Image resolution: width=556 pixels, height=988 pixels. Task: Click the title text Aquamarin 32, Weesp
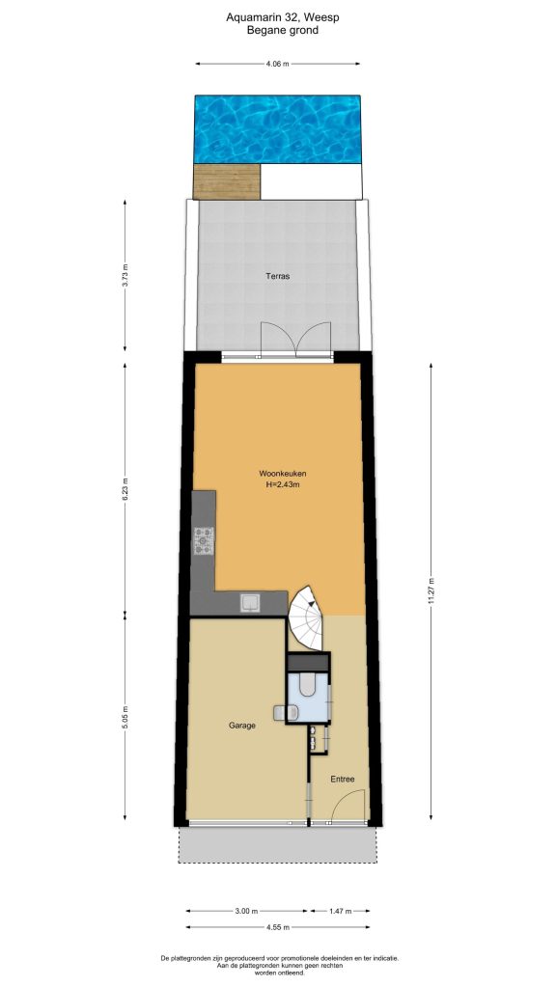[x=283, y=17]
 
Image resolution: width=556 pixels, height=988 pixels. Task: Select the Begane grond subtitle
[x=283, y=30]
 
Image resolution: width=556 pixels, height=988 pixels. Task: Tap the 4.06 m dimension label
[x=277, y=64]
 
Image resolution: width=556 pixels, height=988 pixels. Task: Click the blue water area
[x=277, y=128]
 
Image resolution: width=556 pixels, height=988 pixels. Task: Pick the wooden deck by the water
[x=227, y=181]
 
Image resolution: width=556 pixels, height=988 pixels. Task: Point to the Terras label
[x=277, y=276]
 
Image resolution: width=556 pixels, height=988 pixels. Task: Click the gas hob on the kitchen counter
[x=204, y=541]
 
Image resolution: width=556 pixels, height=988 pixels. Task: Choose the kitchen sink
[x=250, y=603]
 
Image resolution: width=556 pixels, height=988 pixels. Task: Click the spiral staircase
[x=306, y=618]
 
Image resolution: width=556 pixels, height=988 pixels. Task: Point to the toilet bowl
[x=307, y=685]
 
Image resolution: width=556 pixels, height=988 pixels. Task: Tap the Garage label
[x=242, y=726]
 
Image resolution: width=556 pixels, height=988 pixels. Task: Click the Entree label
[x=343, y=779]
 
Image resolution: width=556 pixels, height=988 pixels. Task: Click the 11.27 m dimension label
[x=431, y=591]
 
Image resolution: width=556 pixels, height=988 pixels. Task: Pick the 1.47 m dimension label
[x=339, y=911]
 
